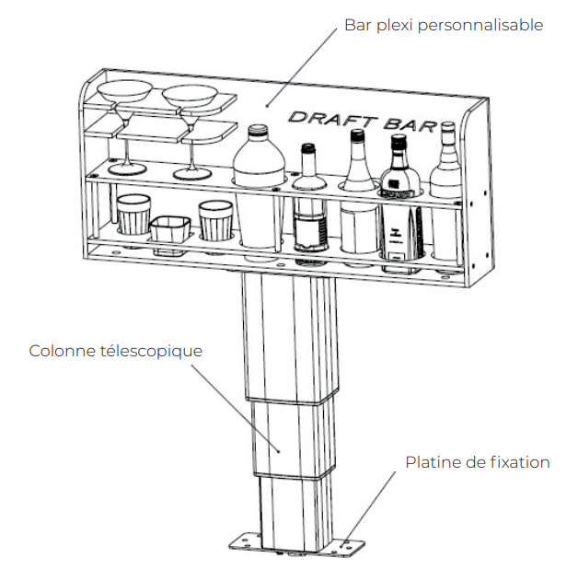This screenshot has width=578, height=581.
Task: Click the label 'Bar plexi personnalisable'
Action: point(444,26)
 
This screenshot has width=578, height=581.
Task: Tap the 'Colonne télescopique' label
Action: point(116,351)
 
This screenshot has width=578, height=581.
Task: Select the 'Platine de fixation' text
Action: point(478,462)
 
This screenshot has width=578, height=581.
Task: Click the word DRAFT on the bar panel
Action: point(332,120)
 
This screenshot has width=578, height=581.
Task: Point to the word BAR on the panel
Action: point(410,125)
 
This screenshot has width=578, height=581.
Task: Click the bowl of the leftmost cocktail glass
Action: point(124,91)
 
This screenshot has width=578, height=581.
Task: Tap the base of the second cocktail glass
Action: point(192,174)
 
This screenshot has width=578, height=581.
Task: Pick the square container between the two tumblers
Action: point(170,236)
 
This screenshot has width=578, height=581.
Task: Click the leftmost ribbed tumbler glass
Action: point(133,215)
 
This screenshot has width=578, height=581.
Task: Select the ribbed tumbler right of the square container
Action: point(215,221)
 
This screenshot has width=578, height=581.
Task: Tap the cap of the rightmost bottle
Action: point(448,128)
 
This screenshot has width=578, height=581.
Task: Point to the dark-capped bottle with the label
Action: point(399,203)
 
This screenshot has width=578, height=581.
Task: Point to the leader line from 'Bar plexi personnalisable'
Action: point(301,67)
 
